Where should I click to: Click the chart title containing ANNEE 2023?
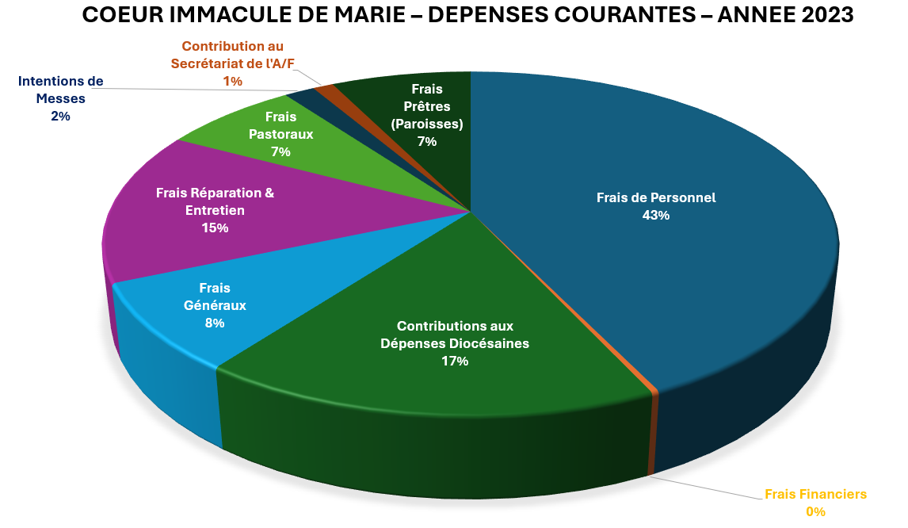click(467, 16)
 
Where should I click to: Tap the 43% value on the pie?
click(655, 215)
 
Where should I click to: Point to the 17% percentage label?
click(455, 362)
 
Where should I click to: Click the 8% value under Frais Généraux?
click(214, 323)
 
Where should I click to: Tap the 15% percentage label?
click(215, 228)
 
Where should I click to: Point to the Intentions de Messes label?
click(61, 90)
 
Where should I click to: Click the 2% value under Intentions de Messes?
click(60, 116)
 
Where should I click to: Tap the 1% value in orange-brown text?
click(232, 81)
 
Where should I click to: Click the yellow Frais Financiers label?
click(815, 494)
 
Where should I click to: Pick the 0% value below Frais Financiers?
click(815, 511)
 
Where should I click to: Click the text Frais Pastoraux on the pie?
click(280, 125)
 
